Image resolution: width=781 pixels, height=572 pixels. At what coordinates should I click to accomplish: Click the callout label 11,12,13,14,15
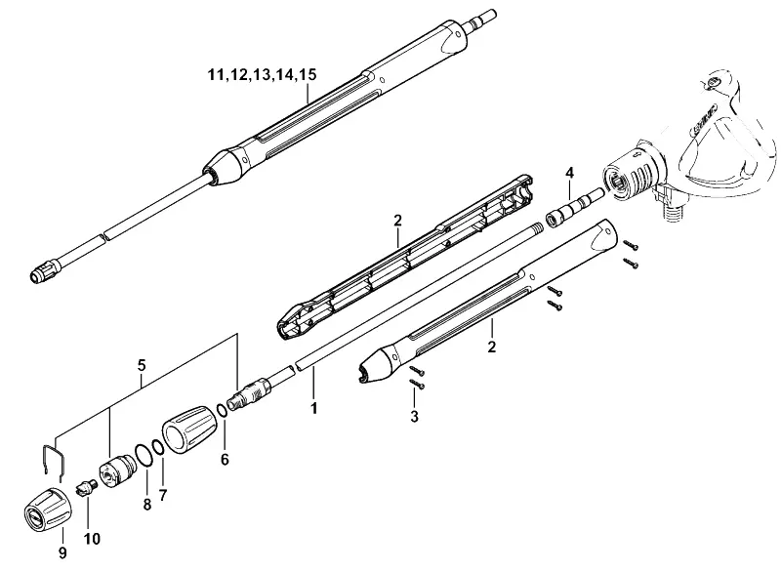click(262, 75)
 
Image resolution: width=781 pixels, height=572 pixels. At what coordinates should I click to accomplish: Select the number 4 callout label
click(569, 173)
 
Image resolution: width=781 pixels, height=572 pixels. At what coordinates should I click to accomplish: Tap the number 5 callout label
click(142, 365)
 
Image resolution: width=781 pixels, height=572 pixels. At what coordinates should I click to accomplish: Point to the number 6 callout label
click(225, 459)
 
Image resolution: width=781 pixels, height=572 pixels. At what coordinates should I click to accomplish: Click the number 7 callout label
click(163, 495)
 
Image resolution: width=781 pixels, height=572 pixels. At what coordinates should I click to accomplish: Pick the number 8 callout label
click(147, 504)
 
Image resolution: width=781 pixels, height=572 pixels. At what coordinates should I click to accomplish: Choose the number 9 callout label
click(62, 552)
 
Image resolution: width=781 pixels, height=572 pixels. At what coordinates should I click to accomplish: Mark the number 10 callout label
click(92, 538)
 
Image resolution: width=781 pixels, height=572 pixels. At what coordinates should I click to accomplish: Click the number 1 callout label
click(313, 408)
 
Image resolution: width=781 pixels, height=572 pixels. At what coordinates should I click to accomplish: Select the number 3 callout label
click(414, 417)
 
